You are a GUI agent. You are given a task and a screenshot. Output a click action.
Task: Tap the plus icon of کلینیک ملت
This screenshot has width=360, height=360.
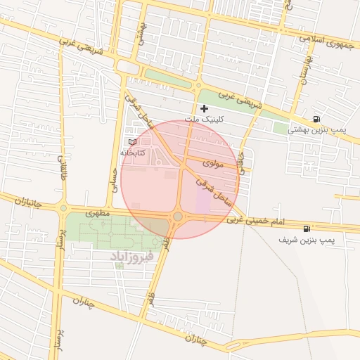pyautogui.click(x=204, y=108)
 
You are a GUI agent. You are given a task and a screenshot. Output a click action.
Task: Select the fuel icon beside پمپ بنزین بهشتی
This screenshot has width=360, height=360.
pyautogui.click(x=319, y=119)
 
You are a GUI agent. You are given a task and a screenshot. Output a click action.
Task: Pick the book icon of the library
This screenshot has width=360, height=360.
pyautogui.click(x=133, y=142)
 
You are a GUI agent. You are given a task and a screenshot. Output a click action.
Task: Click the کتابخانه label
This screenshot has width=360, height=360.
pyautogui.click(x=132, y=153)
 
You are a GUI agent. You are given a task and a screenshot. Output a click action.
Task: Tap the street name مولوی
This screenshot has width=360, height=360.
pyautogui.click(x=212, y=163)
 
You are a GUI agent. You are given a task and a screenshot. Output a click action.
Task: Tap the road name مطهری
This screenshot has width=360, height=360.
pyautogui.click(x=98, y=212)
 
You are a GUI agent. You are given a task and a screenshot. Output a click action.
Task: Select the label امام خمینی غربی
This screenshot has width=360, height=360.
pyautogui.click(x=256, y=221)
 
